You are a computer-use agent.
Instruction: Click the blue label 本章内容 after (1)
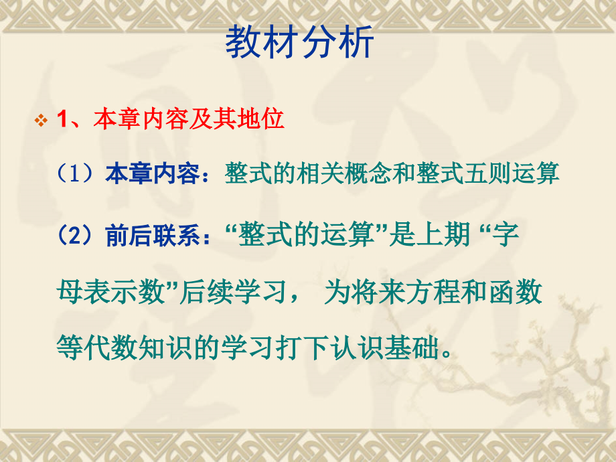(152, 174)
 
